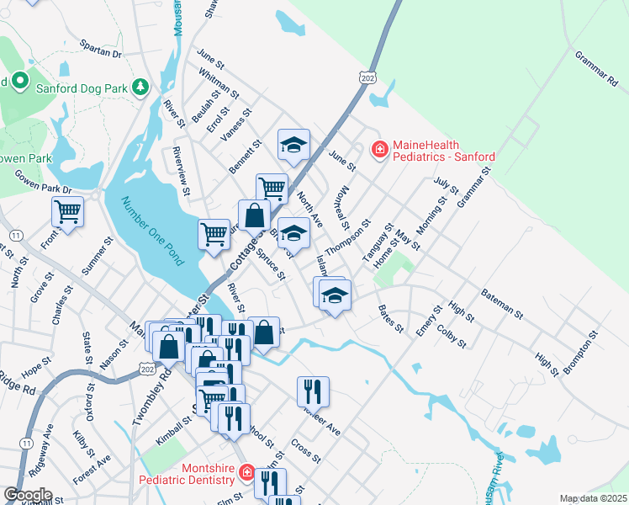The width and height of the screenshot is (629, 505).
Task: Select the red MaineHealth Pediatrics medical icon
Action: [379, 150]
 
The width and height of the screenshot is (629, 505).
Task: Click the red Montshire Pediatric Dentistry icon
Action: [245, 473]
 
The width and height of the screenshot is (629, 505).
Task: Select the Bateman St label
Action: [502, 303]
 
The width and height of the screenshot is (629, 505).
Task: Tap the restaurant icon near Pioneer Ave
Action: [312, 391]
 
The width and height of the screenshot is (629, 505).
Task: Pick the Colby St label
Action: [452, 336]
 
